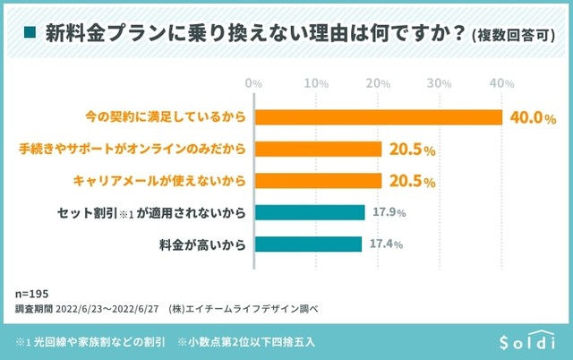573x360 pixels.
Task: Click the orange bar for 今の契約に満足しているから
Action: coord(379,118)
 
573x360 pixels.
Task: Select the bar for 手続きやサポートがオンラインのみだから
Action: coord(319,150)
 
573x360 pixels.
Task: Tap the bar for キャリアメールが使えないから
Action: coord(319,181)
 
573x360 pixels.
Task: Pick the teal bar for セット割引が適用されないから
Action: coord(310,212)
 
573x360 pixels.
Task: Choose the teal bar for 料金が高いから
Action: coord(309,244)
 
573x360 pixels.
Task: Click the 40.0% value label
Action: coord(533,118)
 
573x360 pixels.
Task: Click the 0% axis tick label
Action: coord(253,83)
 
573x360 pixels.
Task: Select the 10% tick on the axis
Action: coord(316,83)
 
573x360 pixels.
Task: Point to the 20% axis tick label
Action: coord(378,83)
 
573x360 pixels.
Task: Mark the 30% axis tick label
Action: coord(440,83)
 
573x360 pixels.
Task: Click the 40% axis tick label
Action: coord(501,83)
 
